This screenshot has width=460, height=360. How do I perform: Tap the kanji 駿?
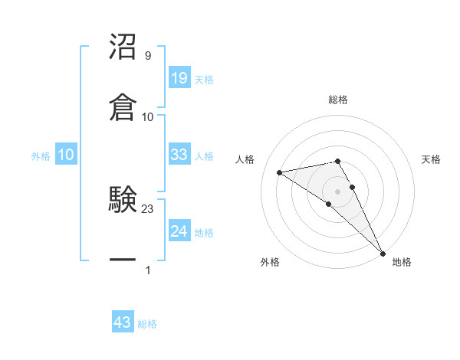coord(123,201)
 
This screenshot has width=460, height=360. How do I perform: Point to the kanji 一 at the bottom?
coord(123,260)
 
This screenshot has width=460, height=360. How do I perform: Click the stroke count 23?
coord(148,209)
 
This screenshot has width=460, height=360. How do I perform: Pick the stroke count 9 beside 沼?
coord(147,56)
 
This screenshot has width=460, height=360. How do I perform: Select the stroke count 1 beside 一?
coord(147,270)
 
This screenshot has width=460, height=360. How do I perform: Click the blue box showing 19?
coord(179,77)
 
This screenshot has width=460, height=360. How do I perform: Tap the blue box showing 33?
coord(179,155)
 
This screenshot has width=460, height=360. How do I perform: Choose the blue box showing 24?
coord(179,231)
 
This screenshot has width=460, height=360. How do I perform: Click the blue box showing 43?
coord(123,322)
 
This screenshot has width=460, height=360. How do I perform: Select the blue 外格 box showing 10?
coord(66,155)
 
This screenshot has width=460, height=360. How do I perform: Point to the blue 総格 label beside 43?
coord(147,324)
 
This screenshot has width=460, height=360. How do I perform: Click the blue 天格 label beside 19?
coord(204,80)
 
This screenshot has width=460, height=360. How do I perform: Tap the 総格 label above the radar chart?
coord(338,100)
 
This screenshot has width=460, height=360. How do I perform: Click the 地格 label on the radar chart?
coord(402,262)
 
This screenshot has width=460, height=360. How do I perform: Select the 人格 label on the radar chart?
coord(245,159)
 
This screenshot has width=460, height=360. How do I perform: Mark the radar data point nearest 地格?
coord(383,253)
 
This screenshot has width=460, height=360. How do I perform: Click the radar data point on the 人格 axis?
coord(280,172)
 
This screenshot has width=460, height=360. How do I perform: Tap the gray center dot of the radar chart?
coord(337,191)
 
